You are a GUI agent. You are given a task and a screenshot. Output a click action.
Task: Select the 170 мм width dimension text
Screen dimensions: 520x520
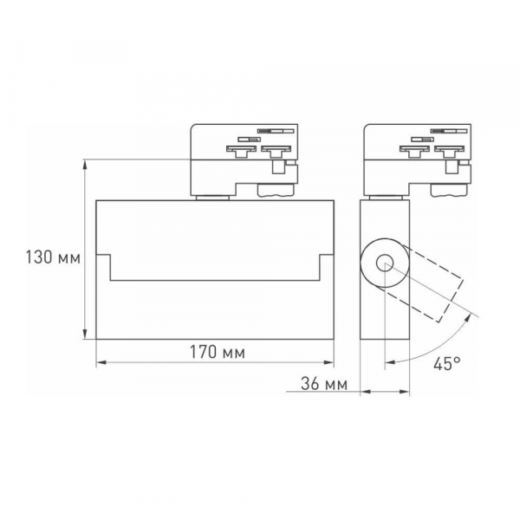pyautogui.click(x=215, y=353)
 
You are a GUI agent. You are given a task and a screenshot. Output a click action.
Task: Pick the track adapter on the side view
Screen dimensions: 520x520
pyautogui.click(x=417, y=160)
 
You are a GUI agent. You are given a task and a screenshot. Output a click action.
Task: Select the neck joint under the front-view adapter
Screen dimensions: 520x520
pyautogui.click(x=211, y=198)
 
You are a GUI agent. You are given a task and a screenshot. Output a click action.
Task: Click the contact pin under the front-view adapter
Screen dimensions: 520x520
pyautogui.click(x=277, y=168)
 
